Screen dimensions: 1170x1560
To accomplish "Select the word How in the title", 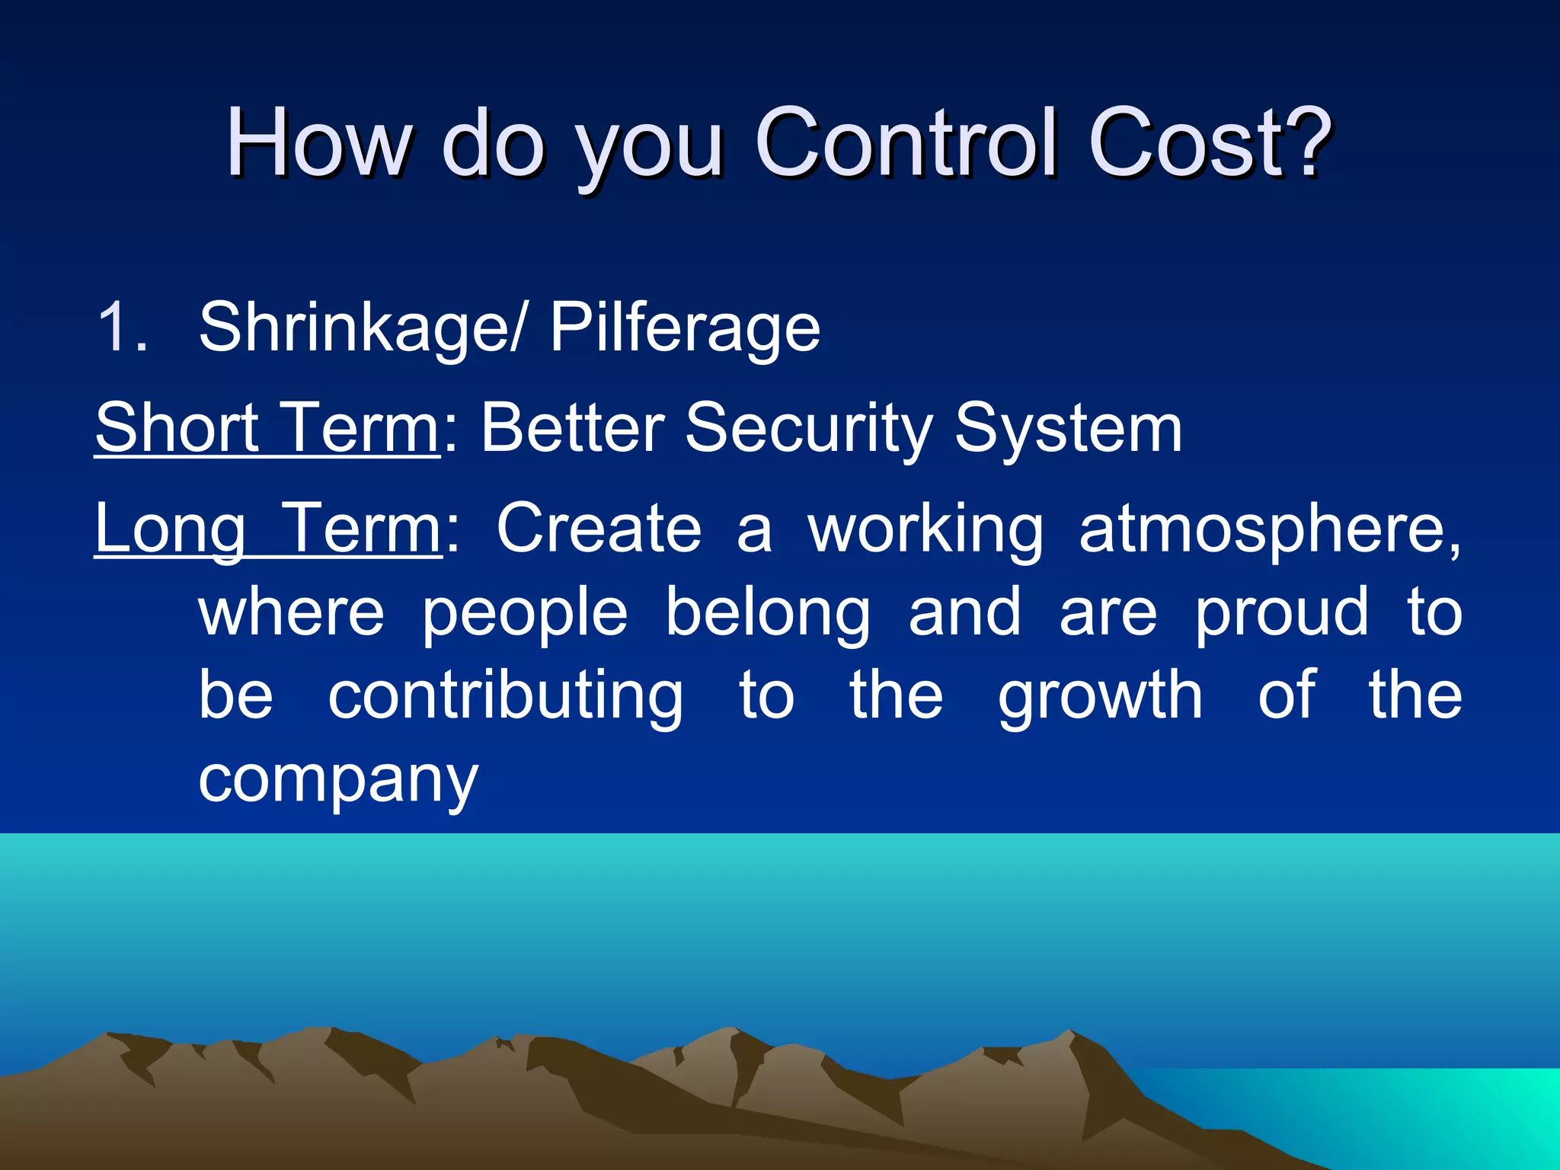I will click(x=318, y=142).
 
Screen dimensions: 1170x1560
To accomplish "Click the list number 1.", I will click(x=122, y=328).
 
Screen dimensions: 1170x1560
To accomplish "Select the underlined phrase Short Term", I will click(x=267, y=428).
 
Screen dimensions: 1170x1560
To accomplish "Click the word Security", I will click(x=808, y=430).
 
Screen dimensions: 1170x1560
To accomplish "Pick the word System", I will click(x=1068, y=430).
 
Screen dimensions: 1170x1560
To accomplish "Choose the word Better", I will click(x=572, y=428).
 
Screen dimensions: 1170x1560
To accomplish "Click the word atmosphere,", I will click(x=1270, y=530).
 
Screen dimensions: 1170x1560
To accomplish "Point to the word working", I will click(x=925, y=530).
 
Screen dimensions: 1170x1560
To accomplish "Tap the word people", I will click(x=525, y=614).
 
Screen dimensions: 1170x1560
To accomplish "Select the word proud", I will click(x=1282, y=612).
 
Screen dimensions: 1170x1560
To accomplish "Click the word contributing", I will click(x=505, y=696).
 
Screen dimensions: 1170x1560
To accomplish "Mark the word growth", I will click(x=1101, y=696).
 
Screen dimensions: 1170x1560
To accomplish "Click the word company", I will click(x=338, y=782).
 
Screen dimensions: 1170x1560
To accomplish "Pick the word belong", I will click(x=768, y=614).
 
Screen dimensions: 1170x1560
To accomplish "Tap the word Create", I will click(x=599, y=529).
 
